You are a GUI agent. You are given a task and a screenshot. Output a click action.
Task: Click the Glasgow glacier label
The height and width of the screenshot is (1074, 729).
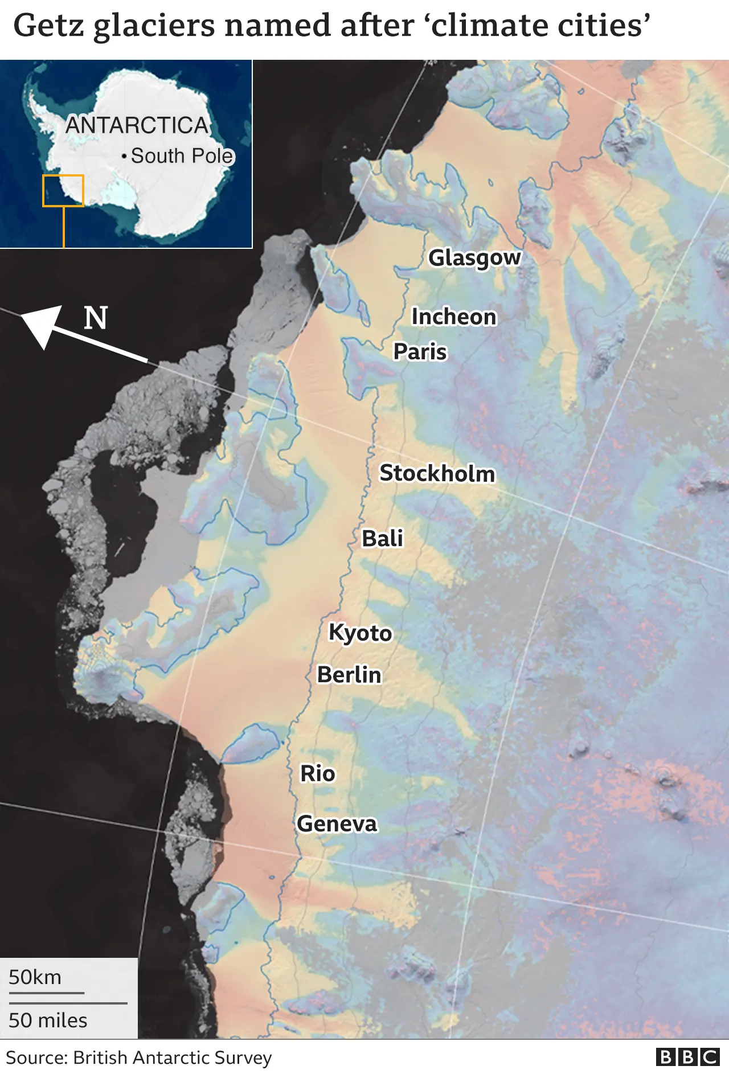point(474,258)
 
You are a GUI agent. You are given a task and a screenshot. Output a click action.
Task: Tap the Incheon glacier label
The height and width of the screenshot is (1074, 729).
point(454,317)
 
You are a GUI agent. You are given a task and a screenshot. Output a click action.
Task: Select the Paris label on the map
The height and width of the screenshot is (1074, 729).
point(420,352)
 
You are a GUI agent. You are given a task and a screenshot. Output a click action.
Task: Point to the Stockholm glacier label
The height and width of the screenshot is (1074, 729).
point(437,474)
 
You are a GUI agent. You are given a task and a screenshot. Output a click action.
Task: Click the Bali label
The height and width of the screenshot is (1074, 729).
point(383,539)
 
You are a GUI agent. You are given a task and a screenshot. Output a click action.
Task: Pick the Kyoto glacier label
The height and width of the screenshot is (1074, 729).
point(361,633)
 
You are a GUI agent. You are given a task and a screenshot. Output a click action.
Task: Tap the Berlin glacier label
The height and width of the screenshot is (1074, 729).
point(349,675)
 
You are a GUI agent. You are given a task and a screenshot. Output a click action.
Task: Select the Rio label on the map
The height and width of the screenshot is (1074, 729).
point(318,774)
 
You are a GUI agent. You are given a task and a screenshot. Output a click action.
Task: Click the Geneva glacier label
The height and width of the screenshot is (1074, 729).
point(337,824)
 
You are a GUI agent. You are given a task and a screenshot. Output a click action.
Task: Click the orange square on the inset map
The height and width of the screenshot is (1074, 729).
point(63,191)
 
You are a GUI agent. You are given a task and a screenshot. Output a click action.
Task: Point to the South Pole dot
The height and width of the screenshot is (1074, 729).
point(124,156)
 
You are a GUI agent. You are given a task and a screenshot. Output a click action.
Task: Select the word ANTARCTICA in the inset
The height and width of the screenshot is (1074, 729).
point(137,125)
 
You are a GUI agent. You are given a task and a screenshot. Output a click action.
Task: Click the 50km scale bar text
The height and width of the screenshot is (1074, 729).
point(35,977)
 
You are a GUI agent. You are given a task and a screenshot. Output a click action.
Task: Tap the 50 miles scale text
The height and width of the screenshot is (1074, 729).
point(48,1020)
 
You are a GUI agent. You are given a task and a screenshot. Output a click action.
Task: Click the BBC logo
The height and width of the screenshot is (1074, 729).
point(687,1057)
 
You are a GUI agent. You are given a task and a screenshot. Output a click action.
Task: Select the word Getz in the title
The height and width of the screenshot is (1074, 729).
point(50,26)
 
